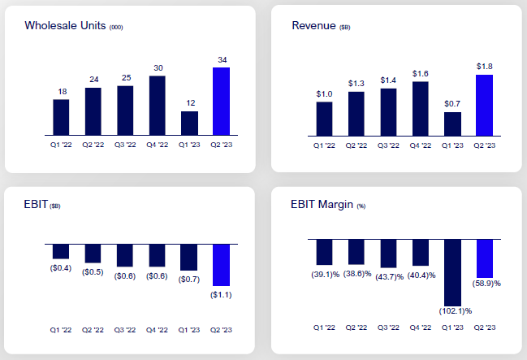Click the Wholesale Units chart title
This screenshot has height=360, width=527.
point(72,26)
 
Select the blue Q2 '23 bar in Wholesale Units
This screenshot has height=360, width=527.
point(221,101)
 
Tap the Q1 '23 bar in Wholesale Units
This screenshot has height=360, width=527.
point(189,123)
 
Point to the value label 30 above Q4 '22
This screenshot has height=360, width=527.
point(158,67)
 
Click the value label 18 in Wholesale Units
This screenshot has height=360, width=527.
point(61,91)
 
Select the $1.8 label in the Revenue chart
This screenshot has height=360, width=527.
point(484,66)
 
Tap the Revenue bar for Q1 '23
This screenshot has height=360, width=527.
point(452,124)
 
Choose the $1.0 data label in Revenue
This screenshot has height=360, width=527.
point(325,93)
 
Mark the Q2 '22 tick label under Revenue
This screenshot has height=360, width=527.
point(356,147)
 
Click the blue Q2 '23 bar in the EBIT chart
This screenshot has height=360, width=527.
point(221,264)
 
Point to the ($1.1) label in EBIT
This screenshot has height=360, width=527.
point(221,293)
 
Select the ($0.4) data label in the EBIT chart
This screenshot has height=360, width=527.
point(61,267)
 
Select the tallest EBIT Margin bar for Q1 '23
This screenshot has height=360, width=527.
point(452,271)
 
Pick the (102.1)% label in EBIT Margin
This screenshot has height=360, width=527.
point(452,311)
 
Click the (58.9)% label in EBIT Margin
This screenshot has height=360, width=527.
point(486,284)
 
